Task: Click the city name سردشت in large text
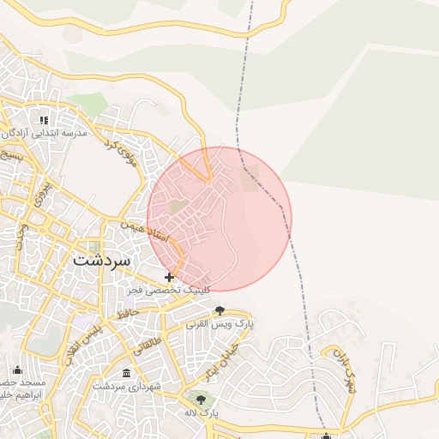click(101, 259)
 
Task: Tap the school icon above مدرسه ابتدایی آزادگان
click(45, 120)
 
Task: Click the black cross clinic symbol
click(170, 277)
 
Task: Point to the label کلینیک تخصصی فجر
click(169, 292)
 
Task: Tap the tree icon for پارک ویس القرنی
click(220, 310)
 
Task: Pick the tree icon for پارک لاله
click(201, 399)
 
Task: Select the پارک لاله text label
click(201, 412)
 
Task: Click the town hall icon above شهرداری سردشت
click(127, 374)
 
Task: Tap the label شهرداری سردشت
click(129, 388)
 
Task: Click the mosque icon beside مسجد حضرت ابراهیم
click(17, 369)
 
